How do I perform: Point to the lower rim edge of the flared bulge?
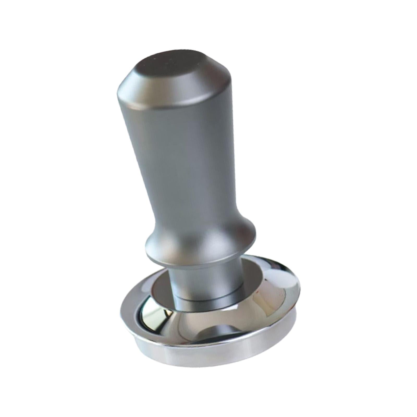point(198,261)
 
